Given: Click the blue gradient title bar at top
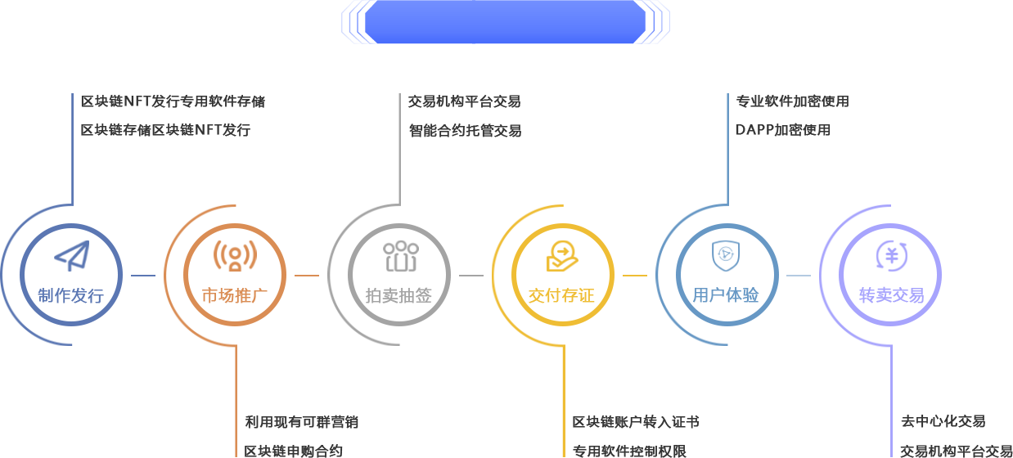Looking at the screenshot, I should (x=505, y=22).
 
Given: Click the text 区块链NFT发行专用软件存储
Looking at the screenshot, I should (x=173, y=102).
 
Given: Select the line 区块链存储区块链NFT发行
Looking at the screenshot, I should (x=165, y=130).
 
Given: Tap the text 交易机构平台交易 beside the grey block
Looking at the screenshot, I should (x=464, y=102).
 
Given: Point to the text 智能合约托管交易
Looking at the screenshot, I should (x=464, y=131).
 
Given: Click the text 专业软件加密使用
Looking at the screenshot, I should (x=792, y=101).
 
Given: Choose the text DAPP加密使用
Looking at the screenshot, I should (x=783, y=130).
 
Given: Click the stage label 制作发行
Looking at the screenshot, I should (x=65, y=296).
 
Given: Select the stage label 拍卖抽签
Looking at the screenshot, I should (x=398, y=296).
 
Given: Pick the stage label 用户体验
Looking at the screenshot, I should (x=726, y=295).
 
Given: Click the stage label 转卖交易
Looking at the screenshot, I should (x=890, y=296).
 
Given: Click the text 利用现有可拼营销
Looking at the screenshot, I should (x=302, y=422).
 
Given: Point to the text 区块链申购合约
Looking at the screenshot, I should (x=294, y=451).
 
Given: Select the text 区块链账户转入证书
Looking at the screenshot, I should (x=636, y=422).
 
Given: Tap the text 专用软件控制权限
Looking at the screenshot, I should (x=629, y=451).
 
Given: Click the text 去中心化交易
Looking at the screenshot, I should (x=943, y=422).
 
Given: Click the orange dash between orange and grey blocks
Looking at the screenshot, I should (x=307, y=276).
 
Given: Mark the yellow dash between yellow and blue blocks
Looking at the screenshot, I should (x=635, y=276).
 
